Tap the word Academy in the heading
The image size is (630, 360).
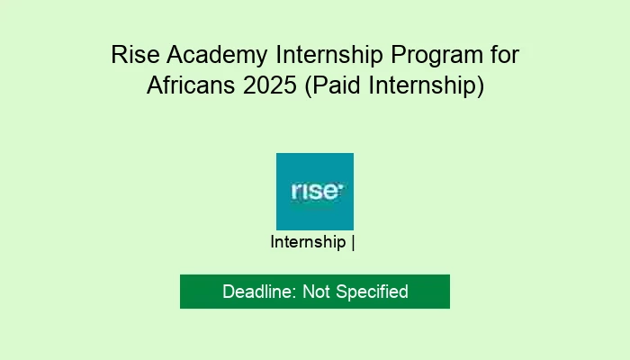[x=210, y=55]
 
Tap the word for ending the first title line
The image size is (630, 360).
[x=500, y=55]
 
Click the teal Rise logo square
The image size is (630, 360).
[x=315, y=191]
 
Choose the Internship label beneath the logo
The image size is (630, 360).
[x=309, y=242]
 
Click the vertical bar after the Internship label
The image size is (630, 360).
[x=354, y=242]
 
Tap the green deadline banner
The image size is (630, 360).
[x=315, y=292]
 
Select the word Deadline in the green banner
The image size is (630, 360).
[x=257, y=292]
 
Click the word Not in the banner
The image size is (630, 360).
[x=316, y=292]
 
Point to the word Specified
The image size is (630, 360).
[x=371, y=292]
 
